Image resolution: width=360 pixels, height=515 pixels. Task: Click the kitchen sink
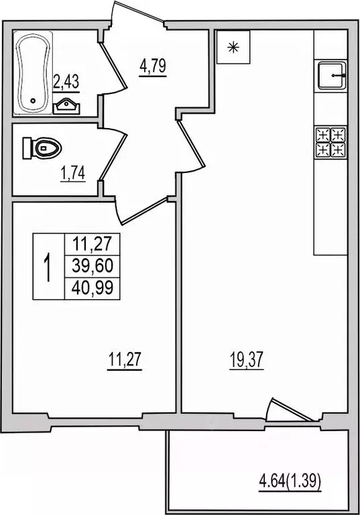click(331, 76)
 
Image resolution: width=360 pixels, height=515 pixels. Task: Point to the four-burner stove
click(331, 141)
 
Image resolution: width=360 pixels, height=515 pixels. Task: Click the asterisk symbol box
click(233, 47)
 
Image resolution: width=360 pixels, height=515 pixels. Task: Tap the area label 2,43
click(66, 82)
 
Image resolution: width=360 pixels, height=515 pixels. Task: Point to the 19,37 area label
click(244, 362)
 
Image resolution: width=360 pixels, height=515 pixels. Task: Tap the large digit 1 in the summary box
click(46, 267)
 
